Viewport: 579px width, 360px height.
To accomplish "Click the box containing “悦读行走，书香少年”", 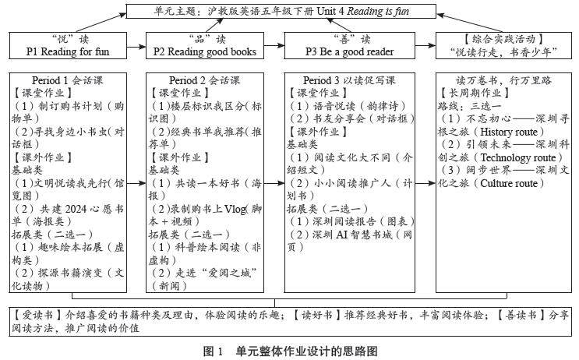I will pyautogui.click(x=500, y=45).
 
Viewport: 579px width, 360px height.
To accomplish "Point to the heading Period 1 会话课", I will pyautogui.click(x=70, y=80).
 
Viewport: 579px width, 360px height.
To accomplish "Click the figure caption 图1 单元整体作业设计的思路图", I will pyautogui.click(x=290, y=351).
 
